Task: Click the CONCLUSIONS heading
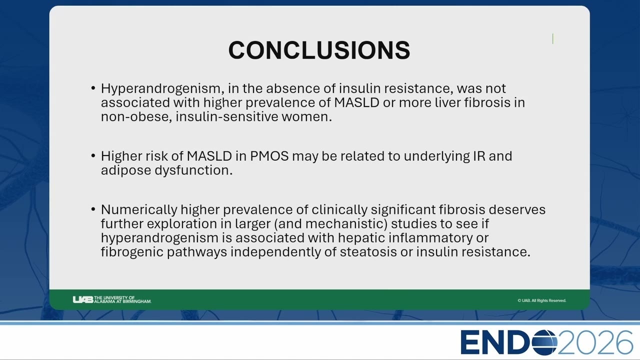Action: tap(319, 50)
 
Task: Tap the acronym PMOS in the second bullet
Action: tap(269, 156)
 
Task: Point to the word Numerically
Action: tap(139, 210)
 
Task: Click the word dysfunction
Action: tap(193, 170)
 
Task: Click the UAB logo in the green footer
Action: tap(111, 299)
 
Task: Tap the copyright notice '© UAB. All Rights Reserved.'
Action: tap(541, 300)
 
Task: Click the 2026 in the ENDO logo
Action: tap(595, 342)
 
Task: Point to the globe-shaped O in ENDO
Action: tap(544, 342)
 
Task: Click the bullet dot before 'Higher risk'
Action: tap(93, 156)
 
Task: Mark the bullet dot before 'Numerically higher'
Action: tap(93, 209)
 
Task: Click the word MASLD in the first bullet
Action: tap(356, 103)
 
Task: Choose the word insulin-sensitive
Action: tap(227, 117)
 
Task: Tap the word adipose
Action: tap(126, 170)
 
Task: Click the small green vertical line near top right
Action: tap(553, 39)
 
